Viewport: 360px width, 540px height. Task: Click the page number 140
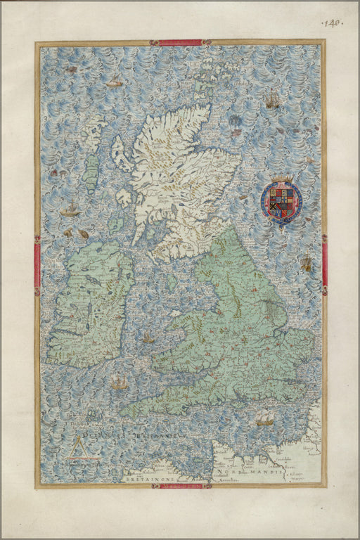(331, 23)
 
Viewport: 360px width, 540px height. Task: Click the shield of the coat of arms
(281, 200)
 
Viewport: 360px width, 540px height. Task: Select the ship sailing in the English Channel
(264, 419)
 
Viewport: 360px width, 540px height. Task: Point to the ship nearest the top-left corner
(113, 82)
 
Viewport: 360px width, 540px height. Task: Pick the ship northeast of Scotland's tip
(272, 101)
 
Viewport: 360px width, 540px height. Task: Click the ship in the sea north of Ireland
(70, 210)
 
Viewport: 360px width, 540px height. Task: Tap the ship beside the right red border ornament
(307, 264)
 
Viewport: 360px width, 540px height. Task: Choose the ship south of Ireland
(119, 382)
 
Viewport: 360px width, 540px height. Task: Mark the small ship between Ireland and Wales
(148, 339)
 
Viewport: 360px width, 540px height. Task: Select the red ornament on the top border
(180, 43)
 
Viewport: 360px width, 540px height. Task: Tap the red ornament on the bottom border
(180, 486)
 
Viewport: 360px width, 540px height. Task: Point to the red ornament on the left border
(37, 265)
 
